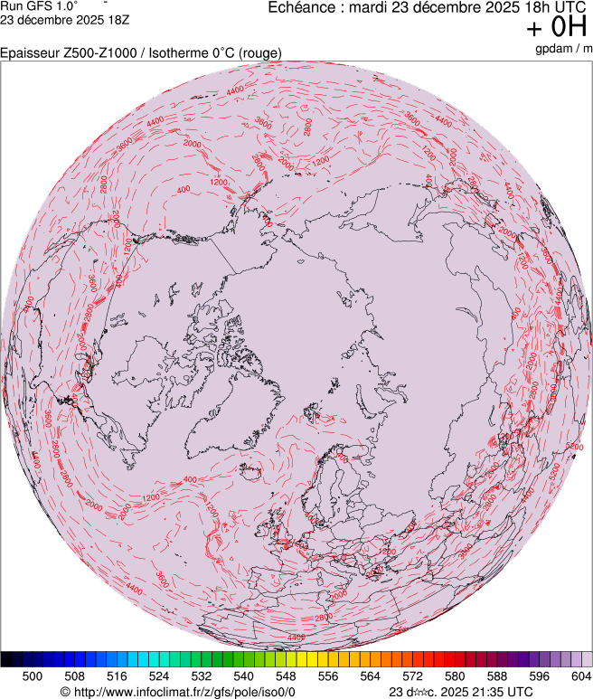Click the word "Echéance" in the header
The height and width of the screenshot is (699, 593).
[301, 7]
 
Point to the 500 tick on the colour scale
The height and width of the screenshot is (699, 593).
[32, 675]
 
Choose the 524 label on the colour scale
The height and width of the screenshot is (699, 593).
[158, 675]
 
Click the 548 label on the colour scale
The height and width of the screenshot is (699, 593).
[286, 675]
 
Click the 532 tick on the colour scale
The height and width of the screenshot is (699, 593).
[201, 675]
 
